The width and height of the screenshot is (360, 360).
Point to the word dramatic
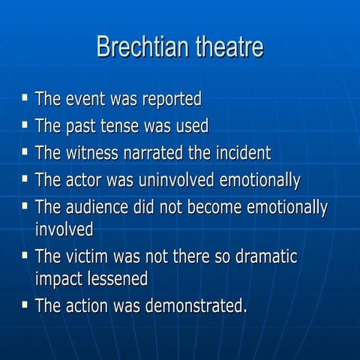(261, 256)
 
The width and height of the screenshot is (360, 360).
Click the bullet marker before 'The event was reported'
(25, 97)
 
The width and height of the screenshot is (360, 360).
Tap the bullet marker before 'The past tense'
(25, 124)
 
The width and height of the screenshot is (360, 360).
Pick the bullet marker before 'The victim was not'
(25, 254)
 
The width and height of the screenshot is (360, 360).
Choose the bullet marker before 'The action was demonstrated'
(25, 303)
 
